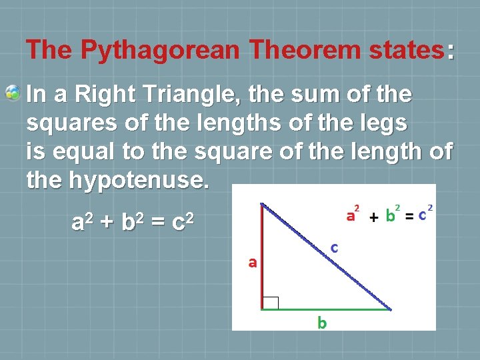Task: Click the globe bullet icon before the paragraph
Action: point(13,93)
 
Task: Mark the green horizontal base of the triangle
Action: point(327,309)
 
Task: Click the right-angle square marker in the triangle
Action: point(270,303)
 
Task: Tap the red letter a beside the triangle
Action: point(253,263)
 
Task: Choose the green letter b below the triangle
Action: point(322,323)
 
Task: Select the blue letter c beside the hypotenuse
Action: point(335,248)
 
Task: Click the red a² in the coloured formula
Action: point(353,215)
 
